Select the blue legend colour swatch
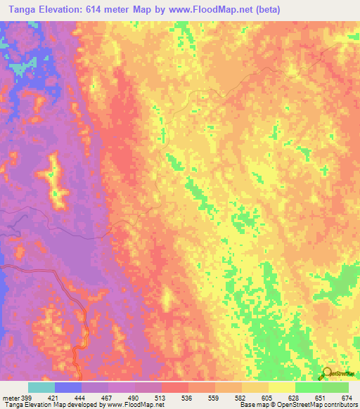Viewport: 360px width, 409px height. coord(68,387)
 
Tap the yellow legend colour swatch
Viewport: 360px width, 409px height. coord(281,387)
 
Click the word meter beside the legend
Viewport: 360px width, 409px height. coord(10,398)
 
